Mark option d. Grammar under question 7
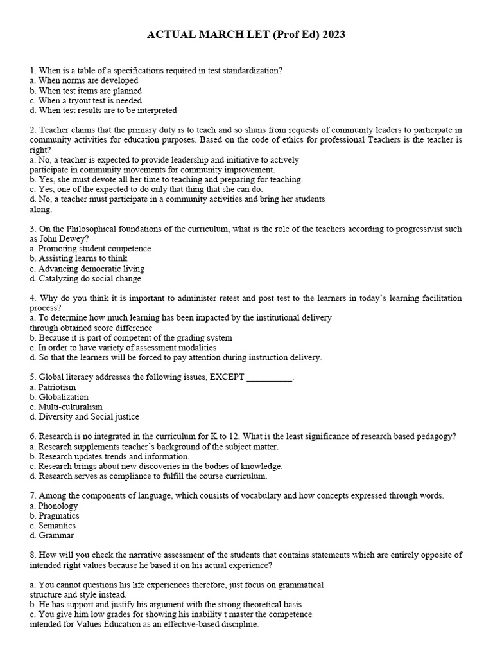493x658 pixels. click(x=56, y=535)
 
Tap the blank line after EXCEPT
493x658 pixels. click(x=269, y=378)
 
